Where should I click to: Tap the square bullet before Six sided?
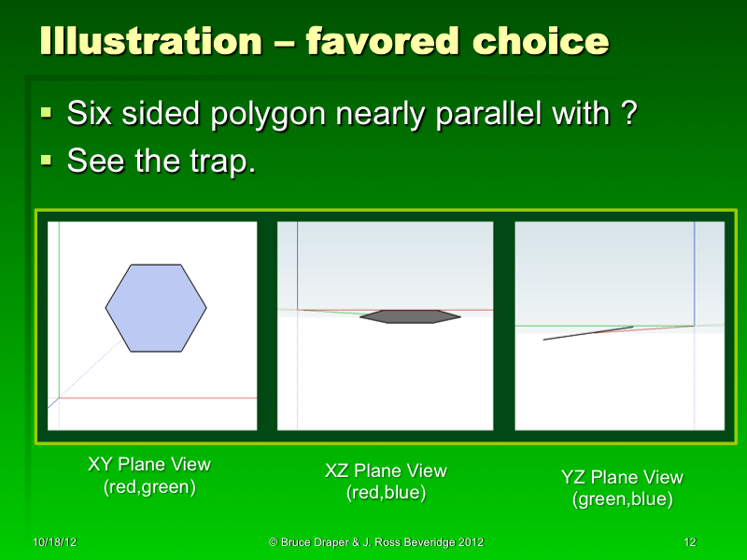coord(48,115)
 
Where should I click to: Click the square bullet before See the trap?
coord(48,161)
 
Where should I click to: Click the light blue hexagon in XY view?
coord(156,308)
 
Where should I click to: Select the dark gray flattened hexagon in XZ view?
coord(411,317)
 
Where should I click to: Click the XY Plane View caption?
coord(149,465)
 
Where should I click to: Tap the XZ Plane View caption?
coord(386,471)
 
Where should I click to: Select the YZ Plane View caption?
coord(622,478)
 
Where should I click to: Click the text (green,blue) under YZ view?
coord(622,499)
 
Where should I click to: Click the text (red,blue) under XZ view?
coord(386,493)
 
